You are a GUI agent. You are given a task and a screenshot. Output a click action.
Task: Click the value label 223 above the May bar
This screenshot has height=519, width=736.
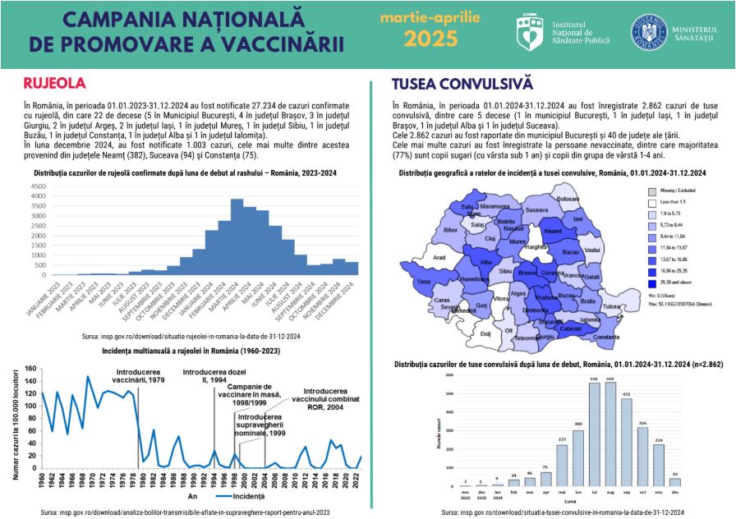click(561, 440)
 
